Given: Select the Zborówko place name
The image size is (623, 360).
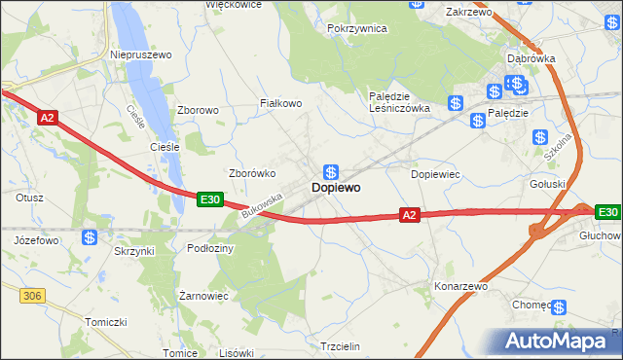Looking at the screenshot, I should coord(252,173).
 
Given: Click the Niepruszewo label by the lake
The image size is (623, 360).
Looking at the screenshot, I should coord(141,55).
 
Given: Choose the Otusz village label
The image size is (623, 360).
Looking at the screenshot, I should coord(29,197).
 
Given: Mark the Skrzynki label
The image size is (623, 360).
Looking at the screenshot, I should coord(133,250).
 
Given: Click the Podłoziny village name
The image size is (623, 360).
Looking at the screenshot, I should coord(210,248).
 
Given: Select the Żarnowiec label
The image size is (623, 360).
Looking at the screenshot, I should coord(204,295).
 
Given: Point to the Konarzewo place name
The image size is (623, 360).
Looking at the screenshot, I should coord(460,287).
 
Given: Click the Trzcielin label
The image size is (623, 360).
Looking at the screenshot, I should coord(340,346).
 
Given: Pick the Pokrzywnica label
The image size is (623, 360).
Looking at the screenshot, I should coord(357,29).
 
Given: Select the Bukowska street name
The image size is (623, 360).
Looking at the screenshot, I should coord(262,204).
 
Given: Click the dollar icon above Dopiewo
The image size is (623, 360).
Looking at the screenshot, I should coord(331,169).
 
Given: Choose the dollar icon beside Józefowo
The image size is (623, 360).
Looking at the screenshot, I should coord(89,236).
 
